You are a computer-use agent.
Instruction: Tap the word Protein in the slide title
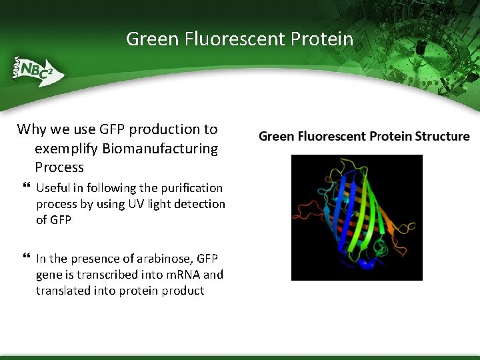tap(322, 39)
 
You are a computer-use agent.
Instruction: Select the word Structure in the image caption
tap(442, 137)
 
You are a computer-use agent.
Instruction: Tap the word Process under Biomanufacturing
tap(59, 167)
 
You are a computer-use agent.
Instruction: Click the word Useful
tap(53, 188)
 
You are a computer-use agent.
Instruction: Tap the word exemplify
tap(67, 148)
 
